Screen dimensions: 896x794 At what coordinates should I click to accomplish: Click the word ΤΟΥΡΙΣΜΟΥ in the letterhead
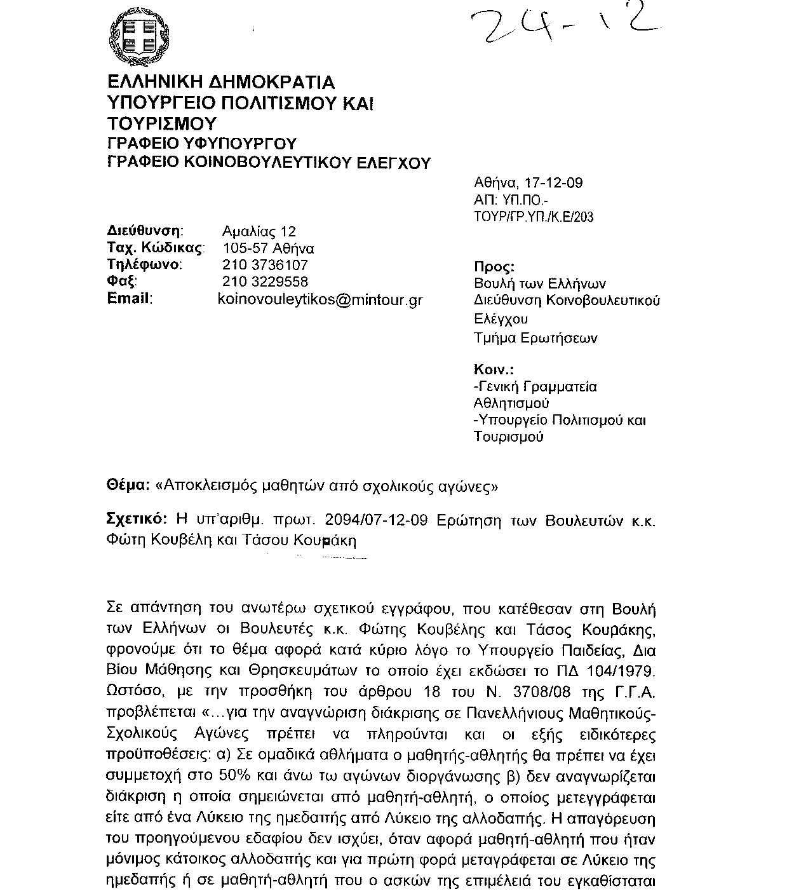pos(162,123)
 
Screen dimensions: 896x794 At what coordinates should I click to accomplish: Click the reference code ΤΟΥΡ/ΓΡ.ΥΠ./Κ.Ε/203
pos(534,217)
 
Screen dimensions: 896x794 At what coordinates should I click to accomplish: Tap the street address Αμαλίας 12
pos(259,232)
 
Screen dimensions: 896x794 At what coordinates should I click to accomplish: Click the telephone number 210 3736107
pos(265,265)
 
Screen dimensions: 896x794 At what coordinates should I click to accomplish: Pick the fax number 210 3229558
pos(265,282)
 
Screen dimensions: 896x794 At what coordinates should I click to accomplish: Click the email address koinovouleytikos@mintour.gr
pos(320,299)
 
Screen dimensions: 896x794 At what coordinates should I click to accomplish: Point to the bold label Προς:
pos(495,267)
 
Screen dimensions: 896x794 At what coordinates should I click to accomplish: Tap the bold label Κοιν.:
pos(494,369)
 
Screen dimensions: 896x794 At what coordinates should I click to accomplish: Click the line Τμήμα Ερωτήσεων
pos(535,338)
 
